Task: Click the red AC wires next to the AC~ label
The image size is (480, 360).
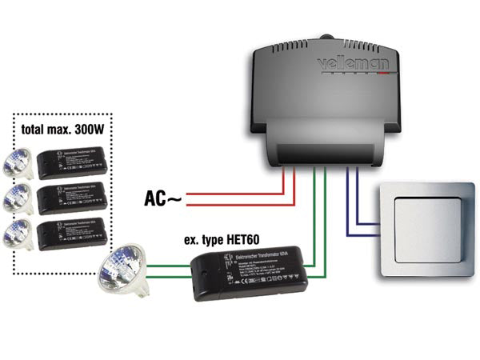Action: click(232, 198)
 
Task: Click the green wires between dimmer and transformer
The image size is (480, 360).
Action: click(318, 232)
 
